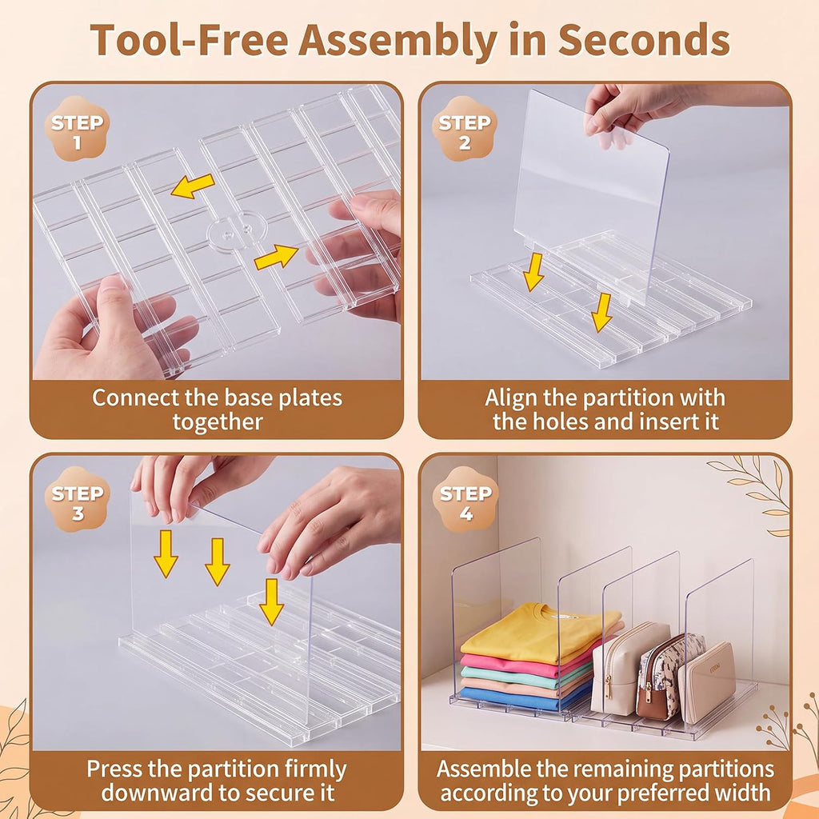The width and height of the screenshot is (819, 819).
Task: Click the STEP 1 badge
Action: (78, 129)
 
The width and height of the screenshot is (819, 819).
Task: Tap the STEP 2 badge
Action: (465, 129)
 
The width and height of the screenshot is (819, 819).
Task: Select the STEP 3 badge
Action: (78, 499)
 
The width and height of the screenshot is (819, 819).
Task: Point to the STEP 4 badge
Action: (465, 499)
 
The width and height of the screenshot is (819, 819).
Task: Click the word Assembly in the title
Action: (398, 41)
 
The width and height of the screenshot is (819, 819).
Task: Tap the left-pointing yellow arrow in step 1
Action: (193, 186)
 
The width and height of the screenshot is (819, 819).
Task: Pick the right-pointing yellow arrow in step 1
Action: (276, 257)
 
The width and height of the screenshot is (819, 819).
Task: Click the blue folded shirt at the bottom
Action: (522, 697)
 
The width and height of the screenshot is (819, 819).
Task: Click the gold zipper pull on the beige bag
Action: (608, 685)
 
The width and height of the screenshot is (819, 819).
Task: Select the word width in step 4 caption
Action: (742, 793)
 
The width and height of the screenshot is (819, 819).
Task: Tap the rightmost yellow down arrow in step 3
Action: (271, 601)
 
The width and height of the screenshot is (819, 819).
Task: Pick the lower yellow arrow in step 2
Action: (602, 313)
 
